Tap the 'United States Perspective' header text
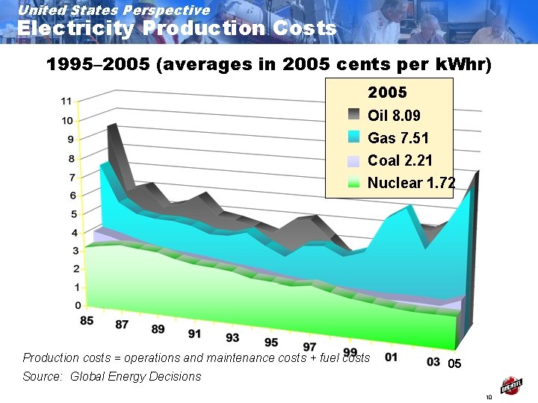114,10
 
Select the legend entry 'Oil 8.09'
394,116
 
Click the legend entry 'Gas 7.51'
398,138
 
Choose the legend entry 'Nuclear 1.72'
411,183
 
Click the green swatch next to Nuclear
353,183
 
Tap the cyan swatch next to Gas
353,138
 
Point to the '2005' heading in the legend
387,93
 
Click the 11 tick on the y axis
67,101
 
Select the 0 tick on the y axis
78,305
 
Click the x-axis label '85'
87,321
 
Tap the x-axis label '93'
232,338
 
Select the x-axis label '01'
391,357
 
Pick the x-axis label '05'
454,365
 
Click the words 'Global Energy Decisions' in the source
135,377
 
